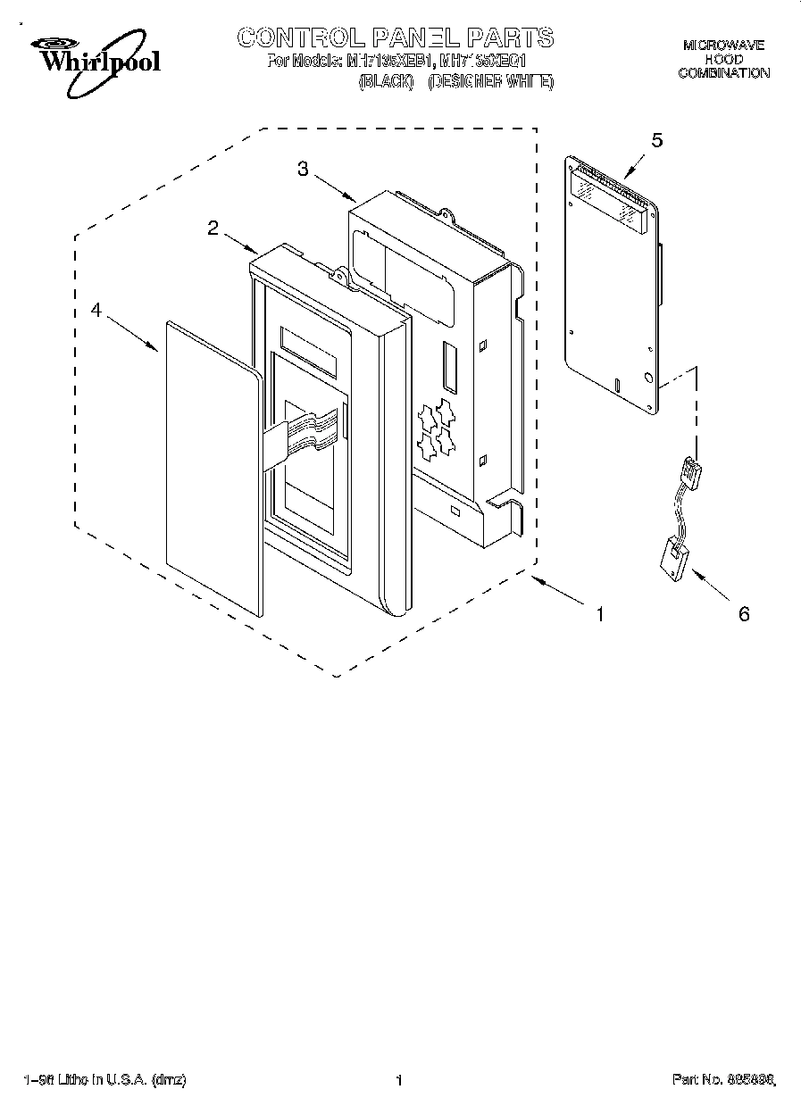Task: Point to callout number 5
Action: click(657, 139)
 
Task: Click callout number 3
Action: click(303, 169)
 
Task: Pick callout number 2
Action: click(213, 228)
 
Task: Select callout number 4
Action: click(96, 310)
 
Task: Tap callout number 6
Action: click(744, 614)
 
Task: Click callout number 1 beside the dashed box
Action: click(601, 614)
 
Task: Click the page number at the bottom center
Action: click(399, 1081)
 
